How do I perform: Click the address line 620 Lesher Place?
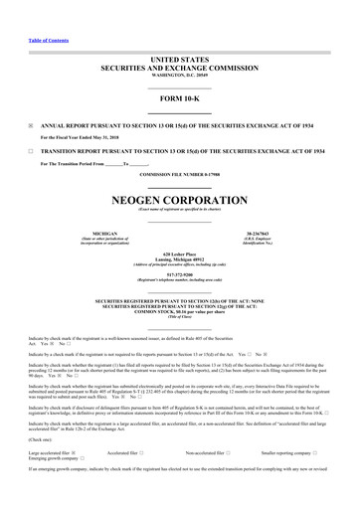[x=180, y=254]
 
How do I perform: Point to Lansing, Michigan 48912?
[x=180, y=261]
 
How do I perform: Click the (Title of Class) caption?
[x=180, y=318]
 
